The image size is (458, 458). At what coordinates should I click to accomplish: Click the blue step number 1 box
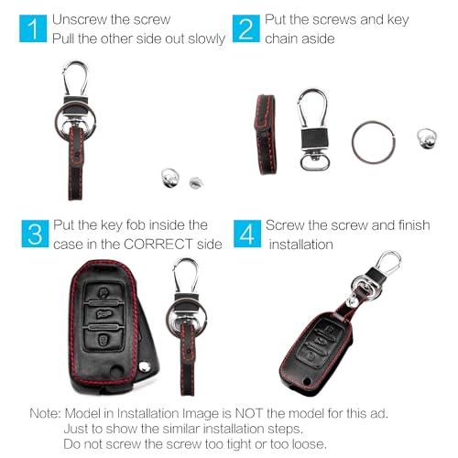(x=33, y=28)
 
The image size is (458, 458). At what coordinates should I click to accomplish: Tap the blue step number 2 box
(x=246, y=28)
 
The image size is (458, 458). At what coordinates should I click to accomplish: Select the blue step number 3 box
(x=35, y=234)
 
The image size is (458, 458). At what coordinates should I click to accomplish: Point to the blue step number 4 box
(x=247, y=234)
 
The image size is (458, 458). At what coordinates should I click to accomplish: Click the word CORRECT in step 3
(x=158, y=245)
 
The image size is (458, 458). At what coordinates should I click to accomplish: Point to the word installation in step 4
(x=300, y=245)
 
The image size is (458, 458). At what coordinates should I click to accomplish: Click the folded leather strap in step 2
(x=266, y=135)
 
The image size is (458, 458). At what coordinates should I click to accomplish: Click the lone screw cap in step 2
(x=427, y=138)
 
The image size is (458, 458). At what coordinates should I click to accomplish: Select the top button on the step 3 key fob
(x=104, y=292)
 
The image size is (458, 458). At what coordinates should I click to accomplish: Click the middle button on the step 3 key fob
(x=104, y=314)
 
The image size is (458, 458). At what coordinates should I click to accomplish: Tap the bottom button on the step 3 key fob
(x=104, y=339)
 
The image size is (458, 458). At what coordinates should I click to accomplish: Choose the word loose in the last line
(x=308, y=443)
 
